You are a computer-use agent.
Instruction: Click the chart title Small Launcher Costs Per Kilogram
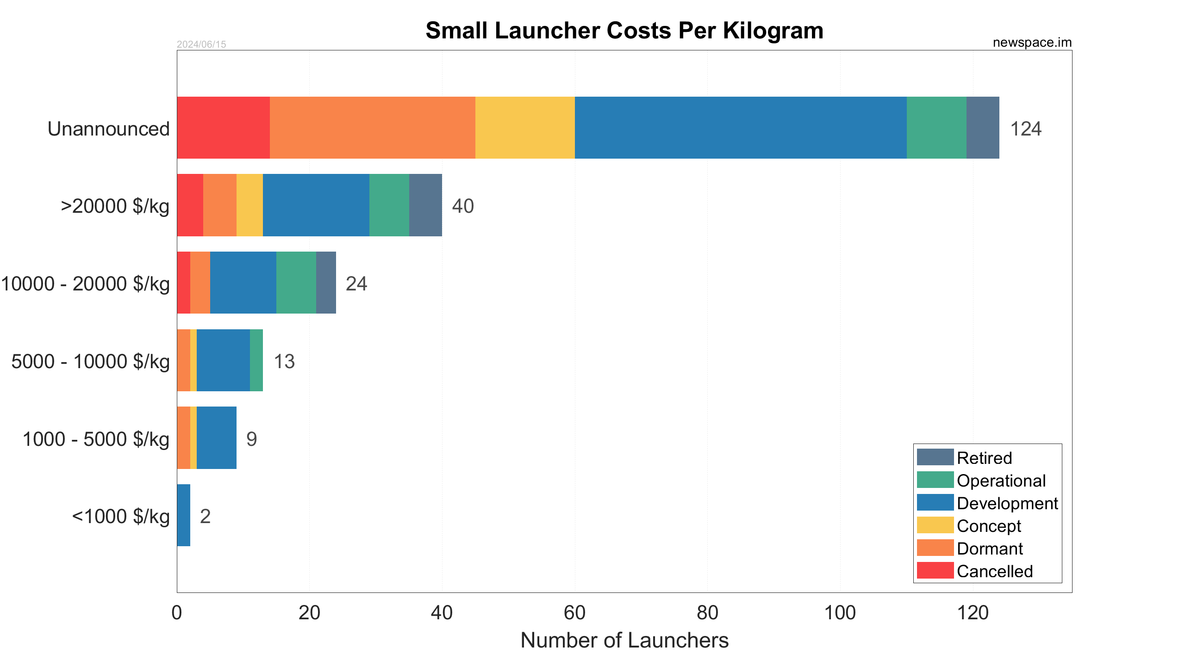click(624, 31)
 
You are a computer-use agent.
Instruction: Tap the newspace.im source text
click(1032, 43)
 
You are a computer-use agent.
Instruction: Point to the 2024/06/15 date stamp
click(201, 44)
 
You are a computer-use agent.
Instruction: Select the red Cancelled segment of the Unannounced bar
click(223, 128)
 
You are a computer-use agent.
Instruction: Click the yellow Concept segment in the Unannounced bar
click(525, 128)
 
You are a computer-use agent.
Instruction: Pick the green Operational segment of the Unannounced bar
click(936, 128)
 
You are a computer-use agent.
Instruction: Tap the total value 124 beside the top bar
click(1025, 129)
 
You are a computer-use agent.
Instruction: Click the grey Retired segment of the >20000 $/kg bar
click(425, 205)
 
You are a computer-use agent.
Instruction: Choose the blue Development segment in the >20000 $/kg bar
click(316, 205)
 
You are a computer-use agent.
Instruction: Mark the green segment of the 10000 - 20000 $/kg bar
click(296, 283)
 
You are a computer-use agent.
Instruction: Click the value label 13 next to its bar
click(284, 361)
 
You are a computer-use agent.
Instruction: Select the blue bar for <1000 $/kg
click(183, 515)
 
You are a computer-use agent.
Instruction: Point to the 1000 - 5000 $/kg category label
click(96, 439)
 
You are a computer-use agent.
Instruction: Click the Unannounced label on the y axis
click(108, 129)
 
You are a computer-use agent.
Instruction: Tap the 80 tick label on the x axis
click(707, 613)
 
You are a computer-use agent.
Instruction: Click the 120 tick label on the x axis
click(973, 613)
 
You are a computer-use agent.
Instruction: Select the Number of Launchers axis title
click(624, 641)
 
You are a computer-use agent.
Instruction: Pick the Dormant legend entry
click(990, 549)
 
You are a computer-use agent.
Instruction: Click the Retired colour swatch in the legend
click(935, 457)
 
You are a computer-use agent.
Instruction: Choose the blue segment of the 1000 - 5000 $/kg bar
click(216, 438)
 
